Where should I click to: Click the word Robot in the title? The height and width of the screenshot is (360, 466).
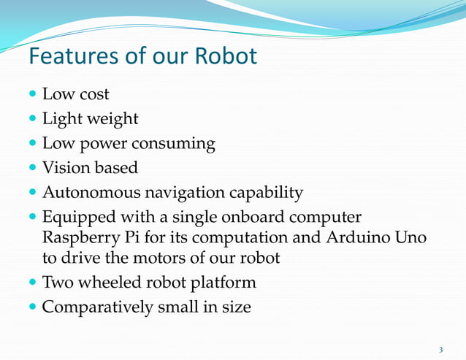coord(226,57)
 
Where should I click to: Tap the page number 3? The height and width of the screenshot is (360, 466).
coord(440,348)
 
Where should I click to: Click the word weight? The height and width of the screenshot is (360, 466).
coord(111,119)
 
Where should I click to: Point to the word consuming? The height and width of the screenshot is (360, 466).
coord(177,144)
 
